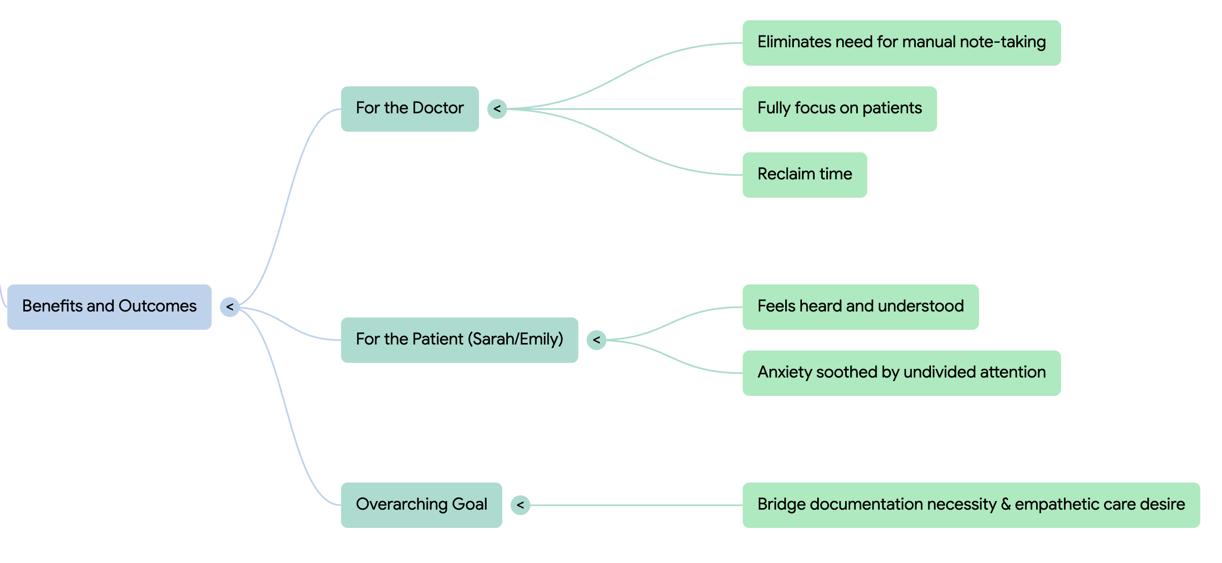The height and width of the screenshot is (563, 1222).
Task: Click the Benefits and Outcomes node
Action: [109, 307]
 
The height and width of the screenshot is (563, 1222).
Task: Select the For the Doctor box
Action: [409, 109]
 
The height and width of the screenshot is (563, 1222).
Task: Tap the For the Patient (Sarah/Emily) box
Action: [459, 340]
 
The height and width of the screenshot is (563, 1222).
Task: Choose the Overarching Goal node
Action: [421, 505]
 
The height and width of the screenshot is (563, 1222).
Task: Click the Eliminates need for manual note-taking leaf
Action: [901, 43]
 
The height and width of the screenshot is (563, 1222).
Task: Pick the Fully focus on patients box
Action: [839, 109]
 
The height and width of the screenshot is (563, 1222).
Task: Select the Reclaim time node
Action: [805, 175]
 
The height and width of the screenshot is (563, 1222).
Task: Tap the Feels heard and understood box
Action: [860, 307]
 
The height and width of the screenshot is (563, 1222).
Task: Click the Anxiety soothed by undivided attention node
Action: [901, 373]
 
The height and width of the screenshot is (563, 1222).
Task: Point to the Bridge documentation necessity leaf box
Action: [971, 505]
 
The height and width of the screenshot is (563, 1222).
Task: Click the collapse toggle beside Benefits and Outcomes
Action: [230, 307]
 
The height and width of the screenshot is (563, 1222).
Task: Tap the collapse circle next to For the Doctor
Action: [497, 109]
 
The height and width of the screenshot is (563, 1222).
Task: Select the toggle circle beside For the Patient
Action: [596, 340]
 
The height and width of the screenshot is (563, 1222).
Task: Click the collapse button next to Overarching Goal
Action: [520, 505]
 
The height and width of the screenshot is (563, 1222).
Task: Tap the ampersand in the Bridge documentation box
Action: [1006, 505]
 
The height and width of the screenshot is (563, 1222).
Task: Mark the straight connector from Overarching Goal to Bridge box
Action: [635, 505]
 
